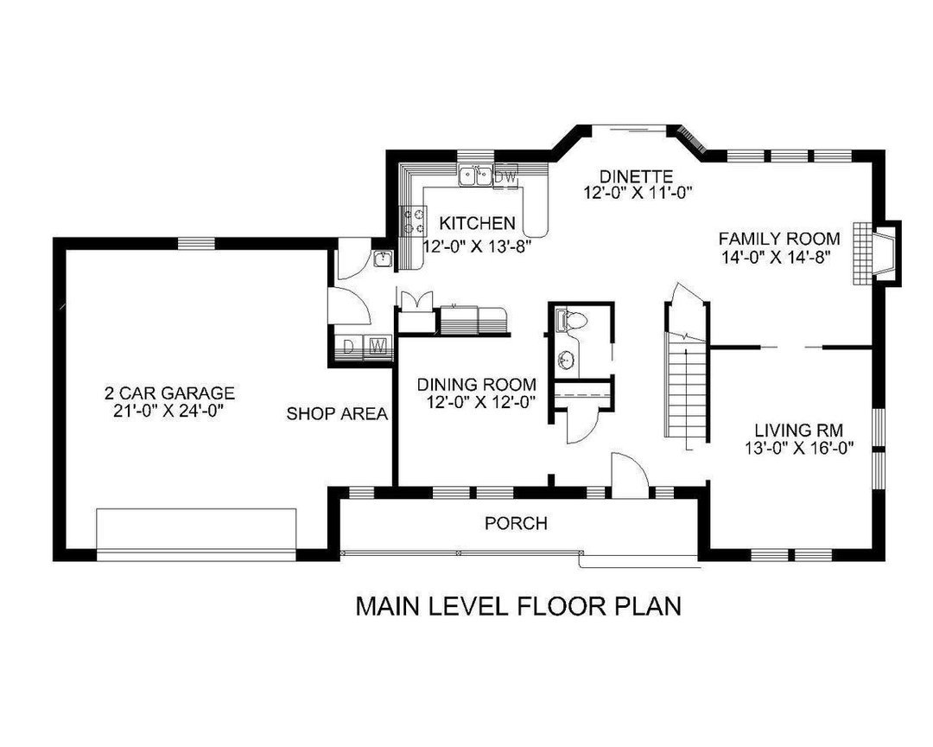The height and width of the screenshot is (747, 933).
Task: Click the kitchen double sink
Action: tap(476, 176)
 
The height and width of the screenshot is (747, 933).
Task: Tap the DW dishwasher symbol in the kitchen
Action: tap(507, 176)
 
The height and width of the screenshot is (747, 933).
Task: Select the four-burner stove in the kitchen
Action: tap(413, 220)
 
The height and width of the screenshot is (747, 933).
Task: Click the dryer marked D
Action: tap(350, 348)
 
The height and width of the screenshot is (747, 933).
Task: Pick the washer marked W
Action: tap(378, 348)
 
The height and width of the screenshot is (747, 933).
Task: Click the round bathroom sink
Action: tap(567, 359)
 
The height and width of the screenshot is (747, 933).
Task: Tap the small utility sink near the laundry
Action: tap(384, 259)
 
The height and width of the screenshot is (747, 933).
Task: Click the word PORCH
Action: tap(516, 523)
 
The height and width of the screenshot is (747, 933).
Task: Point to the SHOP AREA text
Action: tap(337, 414)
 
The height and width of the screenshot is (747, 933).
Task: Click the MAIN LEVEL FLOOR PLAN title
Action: tap(518, 606)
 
